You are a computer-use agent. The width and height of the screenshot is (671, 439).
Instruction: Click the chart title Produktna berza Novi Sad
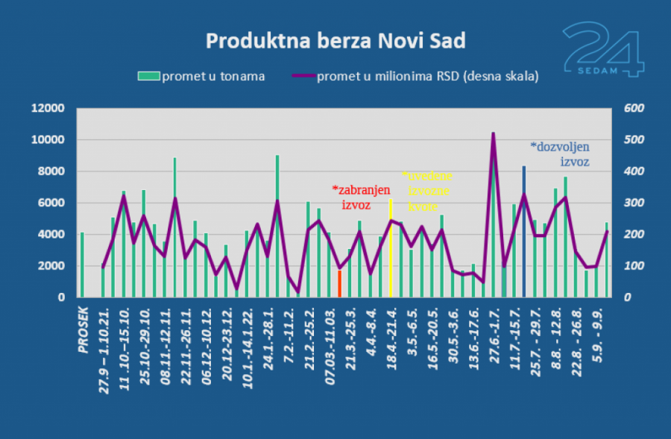335,40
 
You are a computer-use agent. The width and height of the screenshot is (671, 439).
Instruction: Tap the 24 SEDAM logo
602,49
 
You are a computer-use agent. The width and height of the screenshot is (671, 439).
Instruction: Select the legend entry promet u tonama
201,75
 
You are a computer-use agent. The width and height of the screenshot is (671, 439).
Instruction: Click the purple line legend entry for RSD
417,75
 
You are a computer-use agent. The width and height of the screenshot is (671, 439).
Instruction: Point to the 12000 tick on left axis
49,109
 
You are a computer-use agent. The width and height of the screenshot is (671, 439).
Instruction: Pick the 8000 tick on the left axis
52,171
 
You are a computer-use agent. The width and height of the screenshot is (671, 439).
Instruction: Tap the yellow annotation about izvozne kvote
428,190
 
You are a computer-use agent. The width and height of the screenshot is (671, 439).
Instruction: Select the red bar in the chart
339,284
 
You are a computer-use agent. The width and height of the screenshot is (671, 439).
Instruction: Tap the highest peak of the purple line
493,134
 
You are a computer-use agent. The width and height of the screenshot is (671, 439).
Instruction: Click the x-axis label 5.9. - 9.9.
605,328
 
